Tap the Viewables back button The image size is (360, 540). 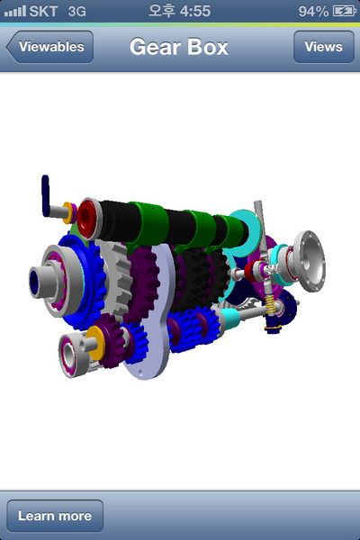click(x=49, y=47)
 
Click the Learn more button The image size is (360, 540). click(x=55, y=516)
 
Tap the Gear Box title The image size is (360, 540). click(x=179, y=47)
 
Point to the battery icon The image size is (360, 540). click(x=344, y=11)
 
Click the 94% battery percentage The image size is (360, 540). click(x=313, y=12)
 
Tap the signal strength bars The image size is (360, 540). click(x=15, y=11)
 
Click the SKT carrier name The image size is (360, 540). click(x=43, y=11)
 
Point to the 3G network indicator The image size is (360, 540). click(x=76, y=12)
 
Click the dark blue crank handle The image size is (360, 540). click(x=46, y=195)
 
